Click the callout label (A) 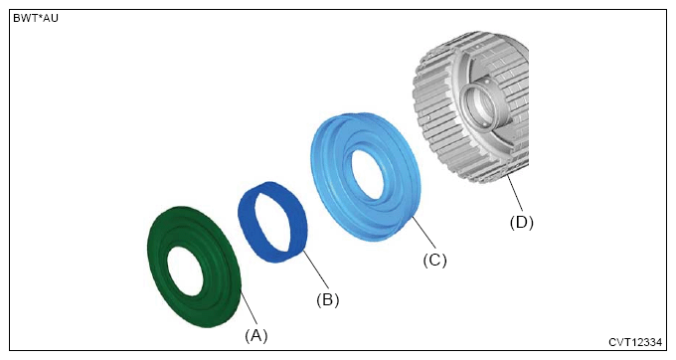(x=256, y=335)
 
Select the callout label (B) (x=328, y=299)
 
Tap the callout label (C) (x=434, y=260)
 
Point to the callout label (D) (x=522, y=223)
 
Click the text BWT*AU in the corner (x=36, y=18)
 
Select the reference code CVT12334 (x=635, y=342)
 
